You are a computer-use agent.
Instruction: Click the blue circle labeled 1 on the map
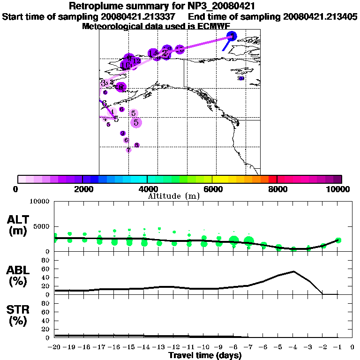pyautogui.click(x=232, y=36)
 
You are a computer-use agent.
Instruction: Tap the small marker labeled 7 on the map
pyautogui.click(x=128, y=150)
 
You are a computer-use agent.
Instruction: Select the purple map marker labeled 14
pyautogui.click(x=153, y=53)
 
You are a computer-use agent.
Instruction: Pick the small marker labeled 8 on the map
pyautogui.click(x=137, y=145)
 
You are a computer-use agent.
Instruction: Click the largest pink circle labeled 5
pyautogui.click(x=136, y=122)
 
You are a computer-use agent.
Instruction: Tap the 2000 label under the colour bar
pyautogui.click(x=82, y=189)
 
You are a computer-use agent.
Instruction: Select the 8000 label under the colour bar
pyautogui.click(x=277, y=189)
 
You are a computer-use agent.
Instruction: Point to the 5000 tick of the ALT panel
pyautogui.click(x=42, y=226)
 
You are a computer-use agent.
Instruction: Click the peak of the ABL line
pyautogui.click(x=293, y=271)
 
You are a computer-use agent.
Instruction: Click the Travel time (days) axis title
pyautogui.click(x=205, y=355)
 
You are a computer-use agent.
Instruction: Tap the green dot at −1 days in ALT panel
pyautogui.click(x=338, y=240)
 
